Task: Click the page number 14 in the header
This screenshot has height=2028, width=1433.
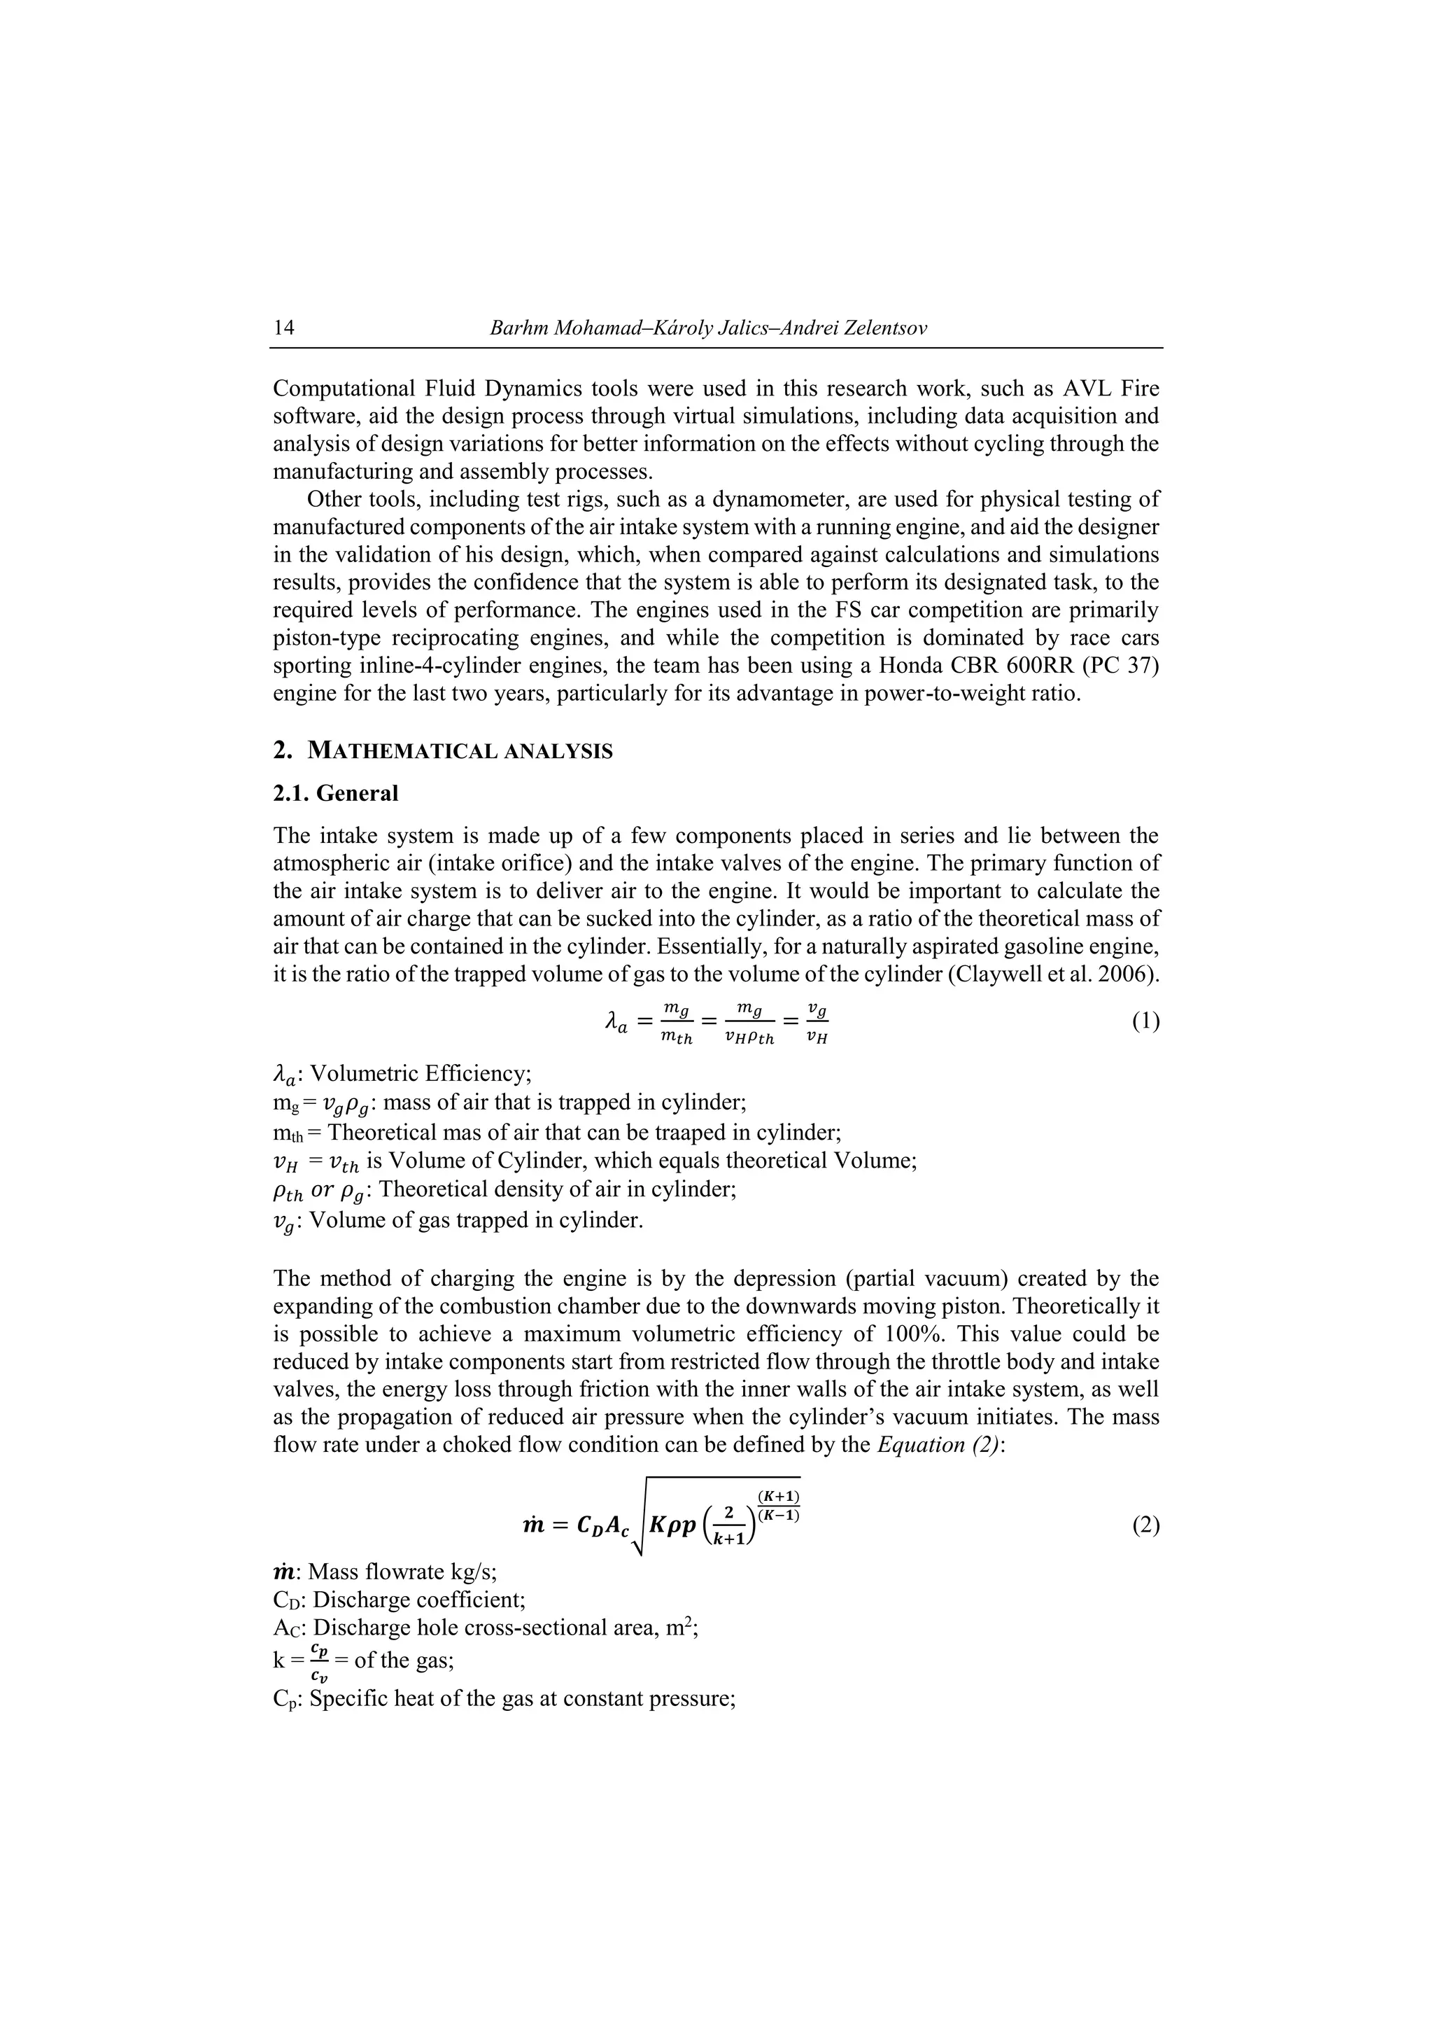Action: point(284,328)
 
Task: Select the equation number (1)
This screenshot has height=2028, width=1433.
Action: point(1145,1022)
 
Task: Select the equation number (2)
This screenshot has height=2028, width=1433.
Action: point(1145,1525)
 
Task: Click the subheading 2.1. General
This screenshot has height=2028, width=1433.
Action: point(336,793)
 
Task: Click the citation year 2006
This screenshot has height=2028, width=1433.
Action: point(1130,975)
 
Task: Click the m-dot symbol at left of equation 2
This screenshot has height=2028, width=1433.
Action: point(533,1525)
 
